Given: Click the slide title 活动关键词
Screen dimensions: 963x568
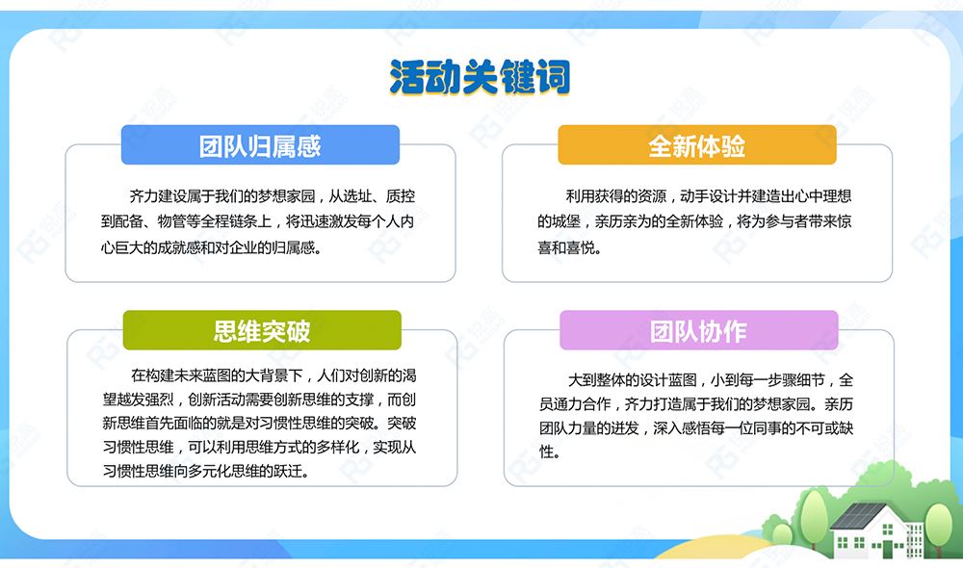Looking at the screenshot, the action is coord(480,77).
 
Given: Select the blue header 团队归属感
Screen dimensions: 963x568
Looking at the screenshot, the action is coord(260,145).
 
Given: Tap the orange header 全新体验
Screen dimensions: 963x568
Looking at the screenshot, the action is coord(697,145).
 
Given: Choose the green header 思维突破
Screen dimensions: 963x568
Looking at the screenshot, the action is coord(262,330).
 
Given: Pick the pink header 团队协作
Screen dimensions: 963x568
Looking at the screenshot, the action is coord(699,330).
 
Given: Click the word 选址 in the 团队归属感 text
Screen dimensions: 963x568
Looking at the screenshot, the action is coord(357,196).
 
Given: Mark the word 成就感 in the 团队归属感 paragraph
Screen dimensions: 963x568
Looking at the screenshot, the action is coord(178,247).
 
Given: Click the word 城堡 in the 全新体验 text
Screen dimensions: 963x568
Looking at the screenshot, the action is coord(565,221).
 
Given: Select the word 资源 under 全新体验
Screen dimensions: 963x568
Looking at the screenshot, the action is coord(652,196).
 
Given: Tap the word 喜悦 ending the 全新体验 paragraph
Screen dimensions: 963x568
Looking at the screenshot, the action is coord(581,247).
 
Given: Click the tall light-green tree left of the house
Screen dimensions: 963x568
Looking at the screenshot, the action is coord(815,516).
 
